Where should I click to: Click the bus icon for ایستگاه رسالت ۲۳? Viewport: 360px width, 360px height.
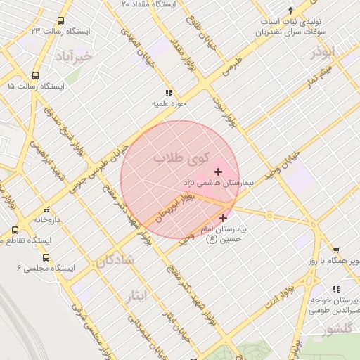[60, 21]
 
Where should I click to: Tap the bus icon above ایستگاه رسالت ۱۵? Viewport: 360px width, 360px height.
[35, 76]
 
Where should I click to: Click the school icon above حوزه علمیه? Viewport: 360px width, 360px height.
[168, 93]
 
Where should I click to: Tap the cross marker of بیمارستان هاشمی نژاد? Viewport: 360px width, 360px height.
[218, 172]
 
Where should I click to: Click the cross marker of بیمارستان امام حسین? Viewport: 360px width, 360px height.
[224, 219]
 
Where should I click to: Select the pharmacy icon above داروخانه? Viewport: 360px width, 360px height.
[46, 209]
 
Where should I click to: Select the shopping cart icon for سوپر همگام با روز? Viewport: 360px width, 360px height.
[336, 250]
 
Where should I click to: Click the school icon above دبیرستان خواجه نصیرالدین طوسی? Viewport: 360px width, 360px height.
[336, 289]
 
